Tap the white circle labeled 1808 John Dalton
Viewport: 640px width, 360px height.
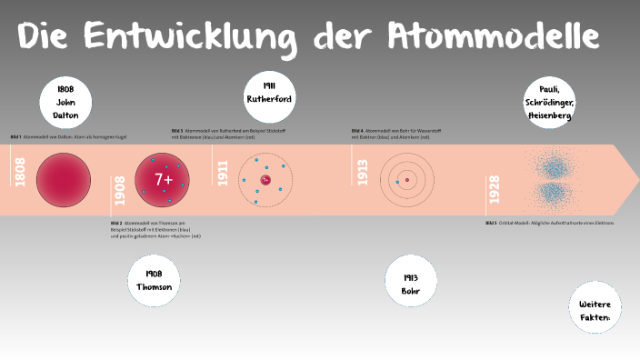coord(65,103)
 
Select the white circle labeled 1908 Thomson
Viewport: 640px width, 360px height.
coord(154,281)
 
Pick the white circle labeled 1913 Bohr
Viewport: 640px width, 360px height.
coord(411,281)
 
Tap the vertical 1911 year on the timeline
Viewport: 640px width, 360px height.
coord(223,172)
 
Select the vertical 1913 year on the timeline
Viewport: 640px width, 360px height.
coord(363,172)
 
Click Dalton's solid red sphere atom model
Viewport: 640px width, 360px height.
coord(63,179)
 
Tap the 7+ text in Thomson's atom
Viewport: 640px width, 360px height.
coord(164,180)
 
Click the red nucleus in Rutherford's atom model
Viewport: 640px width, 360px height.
coord(265,180)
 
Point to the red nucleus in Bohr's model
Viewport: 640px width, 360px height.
coord(407,180)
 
